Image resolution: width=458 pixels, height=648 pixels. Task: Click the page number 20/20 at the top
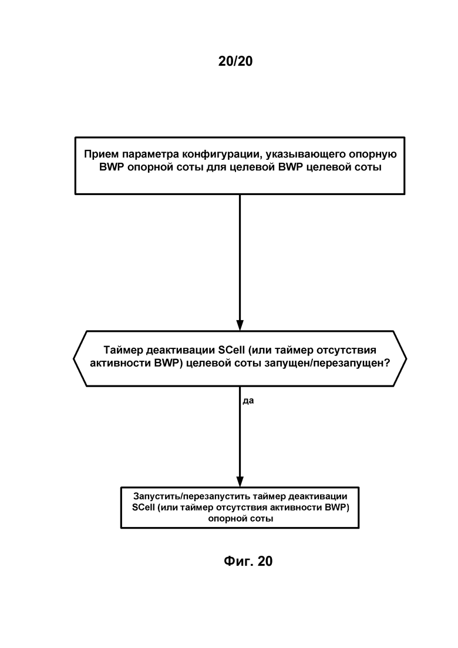click(235, 61)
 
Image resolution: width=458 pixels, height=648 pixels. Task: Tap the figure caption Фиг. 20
click(248, 561)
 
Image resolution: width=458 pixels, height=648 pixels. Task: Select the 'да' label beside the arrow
click(248, 401)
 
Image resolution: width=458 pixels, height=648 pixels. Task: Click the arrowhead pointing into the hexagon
click(240, 325)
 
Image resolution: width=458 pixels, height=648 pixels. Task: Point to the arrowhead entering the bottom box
click(240, 482)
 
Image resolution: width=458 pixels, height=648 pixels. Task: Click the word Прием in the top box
click(98, 154)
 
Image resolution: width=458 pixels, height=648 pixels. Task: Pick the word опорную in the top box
click(373, 155)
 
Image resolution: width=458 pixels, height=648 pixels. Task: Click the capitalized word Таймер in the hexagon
click(123, 350)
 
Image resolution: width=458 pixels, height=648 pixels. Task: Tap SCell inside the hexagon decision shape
click(232, 350)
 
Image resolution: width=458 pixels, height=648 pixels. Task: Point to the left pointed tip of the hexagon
click(73, 359)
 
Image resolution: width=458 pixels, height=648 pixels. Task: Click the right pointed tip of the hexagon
click(406, 359)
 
